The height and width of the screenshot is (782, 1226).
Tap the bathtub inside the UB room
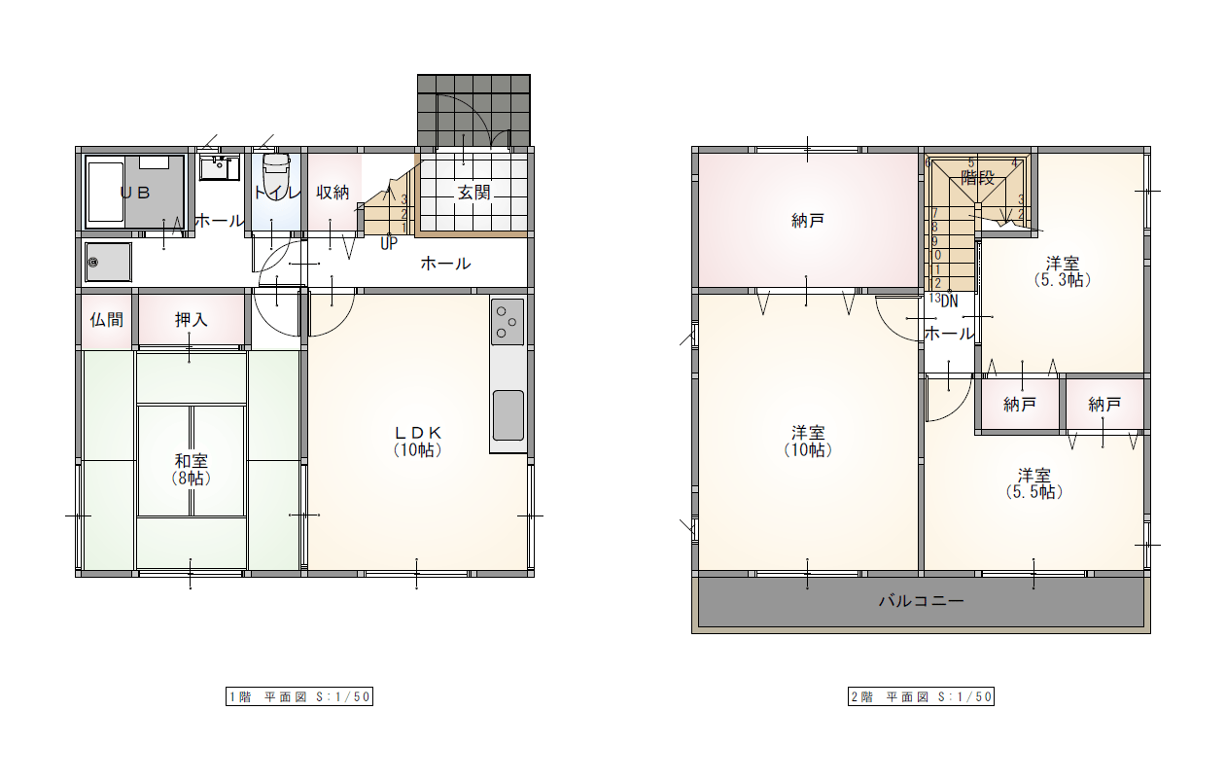click(x=105, y=192)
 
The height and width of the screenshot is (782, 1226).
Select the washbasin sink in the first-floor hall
click(x=219, y=166)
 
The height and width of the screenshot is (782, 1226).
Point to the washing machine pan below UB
click(x=108, y=262)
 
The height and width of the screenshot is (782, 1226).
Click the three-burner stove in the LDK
click(x=508, y=322)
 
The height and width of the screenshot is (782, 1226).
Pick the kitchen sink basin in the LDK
click(x=508, y=414)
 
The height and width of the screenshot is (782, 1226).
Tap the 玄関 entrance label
click(x=474, y=193)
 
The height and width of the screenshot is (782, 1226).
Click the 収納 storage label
click(x=333, y=193)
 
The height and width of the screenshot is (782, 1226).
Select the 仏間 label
click(x=107, y=320)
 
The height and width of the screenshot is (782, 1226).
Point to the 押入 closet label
click(x=191, y=320)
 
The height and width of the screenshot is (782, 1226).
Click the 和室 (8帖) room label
click(x=191, y=470)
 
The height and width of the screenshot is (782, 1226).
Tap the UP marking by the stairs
click(x=389, y=243)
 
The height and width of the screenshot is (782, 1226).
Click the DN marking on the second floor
click(x=950, y=301)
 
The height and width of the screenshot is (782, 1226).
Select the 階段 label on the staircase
click(x=977, y=178)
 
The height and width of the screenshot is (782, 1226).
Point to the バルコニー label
click(x=921, y=601)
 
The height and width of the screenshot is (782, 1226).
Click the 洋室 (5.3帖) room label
click(x=1063, y=271)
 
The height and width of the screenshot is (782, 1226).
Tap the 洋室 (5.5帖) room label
click(x=1033, y=483)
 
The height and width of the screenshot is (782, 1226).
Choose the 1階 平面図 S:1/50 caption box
click(x=299, y=696)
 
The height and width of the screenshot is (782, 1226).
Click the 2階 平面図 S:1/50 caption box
click(x=921, y=696)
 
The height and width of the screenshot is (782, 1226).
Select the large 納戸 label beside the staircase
click(x=808, y=221)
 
